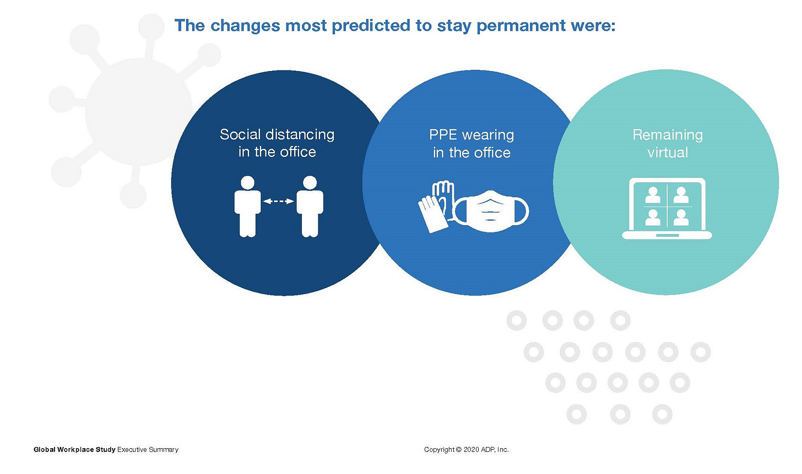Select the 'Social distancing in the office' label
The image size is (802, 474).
click(277, 143)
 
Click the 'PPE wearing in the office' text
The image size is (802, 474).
click(472, 144)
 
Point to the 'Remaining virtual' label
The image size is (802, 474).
click(668, 144)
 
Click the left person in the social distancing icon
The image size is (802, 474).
click(247, 206)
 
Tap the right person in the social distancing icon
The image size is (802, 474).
click(310, 206)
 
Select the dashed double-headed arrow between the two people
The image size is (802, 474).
click(279, 201)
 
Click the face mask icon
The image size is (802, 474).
click(490, 211)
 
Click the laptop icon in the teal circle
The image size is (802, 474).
click(667, 209)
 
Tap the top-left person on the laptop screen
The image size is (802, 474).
click(653, 195)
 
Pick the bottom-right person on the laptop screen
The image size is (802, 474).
click(681, 217)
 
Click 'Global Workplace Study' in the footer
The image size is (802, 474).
click(74, 450)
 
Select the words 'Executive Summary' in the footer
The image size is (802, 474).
click(148, 450)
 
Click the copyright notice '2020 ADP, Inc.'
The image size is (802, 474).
click(486, 450)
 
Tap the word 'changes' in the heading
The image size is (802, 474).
click(245, 26)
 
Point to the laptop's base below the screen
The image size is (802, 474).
click(667, 235)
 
